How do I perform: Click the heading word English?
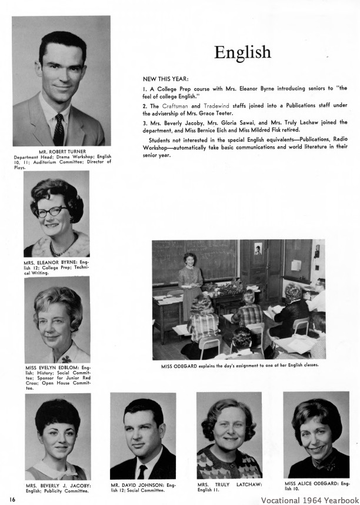[242, 52]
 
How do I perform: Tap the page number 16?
[12, 499]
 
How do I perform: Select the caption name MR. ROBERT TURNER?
[61, 152]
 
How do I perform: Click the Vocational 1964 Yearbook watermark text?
[309, 500]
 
